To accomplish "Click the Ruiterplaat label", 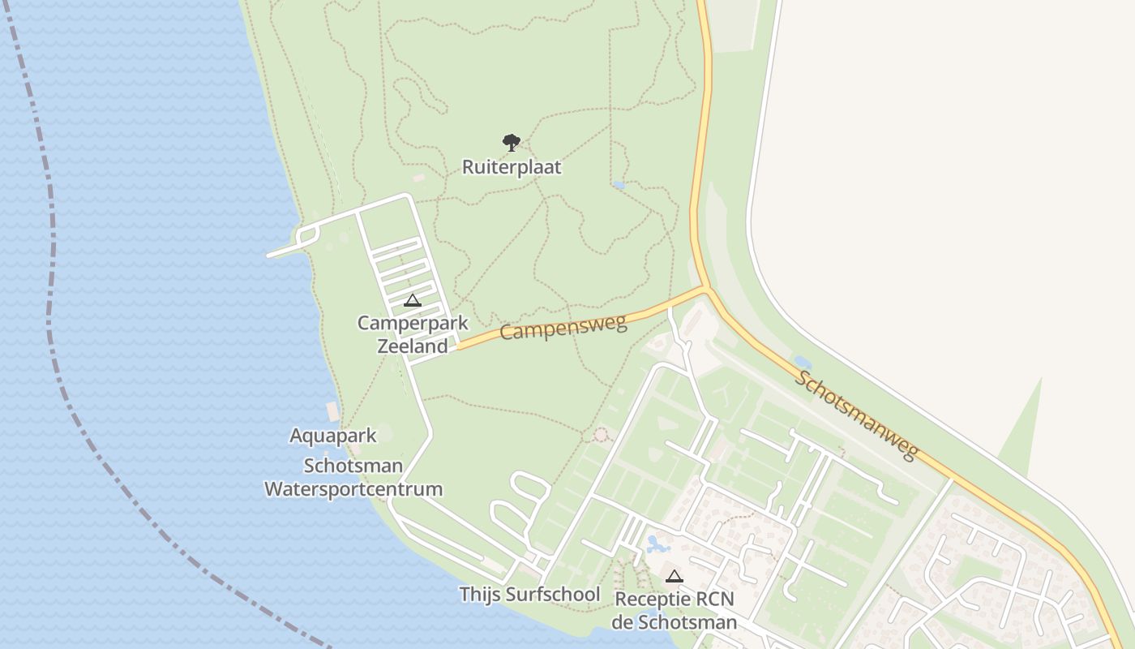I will tap(512, 167).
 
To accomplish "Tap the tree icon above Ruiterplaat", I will tap(511, 144).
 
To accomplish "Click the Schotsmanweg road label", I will tap(857, 415).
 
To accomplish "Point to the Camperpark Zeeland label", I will tap(413, 334).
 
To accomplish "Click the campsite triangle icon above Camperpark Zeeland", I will tap(413, 301).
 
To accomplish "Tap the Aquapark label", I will tap(333, 436).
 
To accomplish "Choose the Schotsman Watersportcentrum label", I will tap(353, 478).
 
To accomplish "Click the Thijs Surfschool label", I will tap(529, 595).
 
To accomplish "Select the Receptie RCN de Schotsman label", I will tap(675, 611).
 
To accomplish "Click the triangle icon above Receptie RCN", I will tap(674, 577).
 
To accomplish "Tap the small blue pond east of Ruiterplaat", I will tap(619, 185).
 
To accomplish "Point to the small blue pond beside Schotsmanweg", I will tap(802, 362).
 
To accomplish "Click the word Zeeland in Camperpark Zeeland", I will tap(413, 346).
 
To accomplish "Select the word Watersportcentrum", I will tap(353, 489).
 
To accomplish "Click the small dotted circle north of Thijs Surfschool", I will tap(601, 435).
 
